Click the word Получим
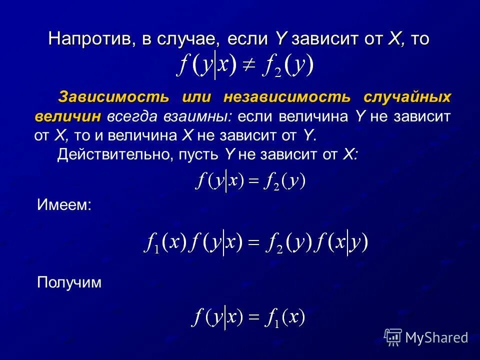pyautogui.click(x=69, y=282)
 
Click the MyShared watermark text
pyautogui.click(x=436, y=337)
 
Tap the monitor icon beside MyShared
pyautogui.click(x=392, y=337)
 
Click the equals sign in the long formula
pyautogui.click(x=254, y=243)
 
